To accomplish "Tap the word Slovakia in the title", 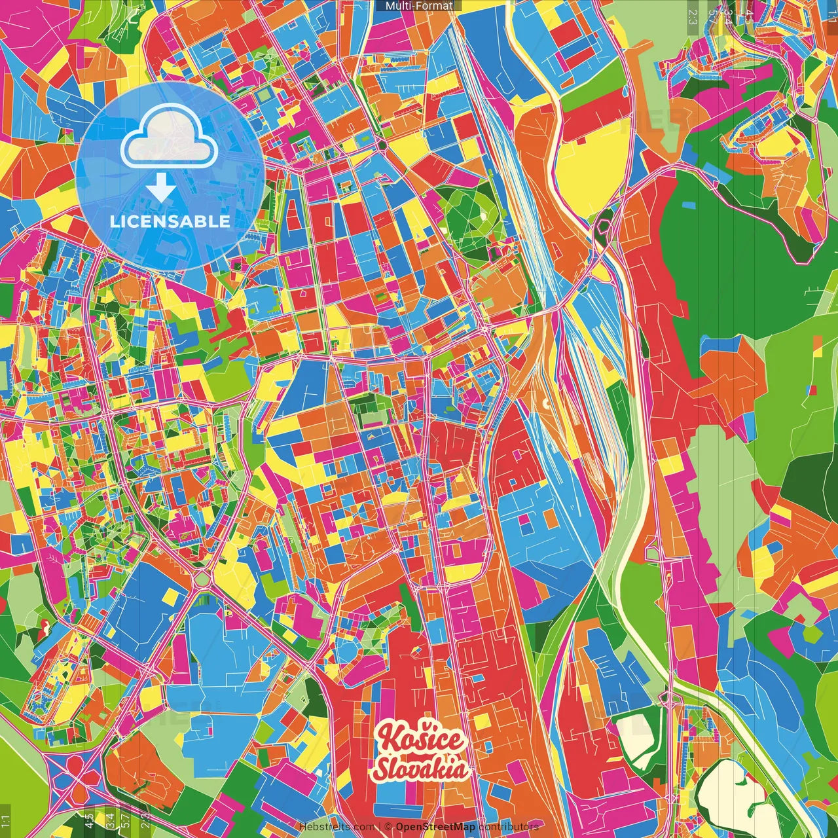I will tap(420, 769).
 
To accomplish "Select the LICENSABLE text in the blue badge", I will tap(170, 221).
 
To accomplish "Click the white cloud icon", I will tap(169, 138).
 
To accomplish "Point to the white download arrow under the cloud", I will tap(160, 189).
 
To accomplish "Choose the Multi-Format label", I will tap(419, 6).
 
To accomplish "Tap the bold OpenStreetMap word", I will tap(435, 827).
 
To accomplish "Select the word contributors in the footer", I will tap(509, 827).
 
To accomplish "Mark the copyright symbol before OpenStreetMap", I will tap(388, 827).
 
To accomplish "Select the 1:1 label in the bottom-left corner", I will tap(6, 820).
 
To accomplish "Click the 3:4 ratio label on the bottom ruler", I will tap(109, 820).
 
